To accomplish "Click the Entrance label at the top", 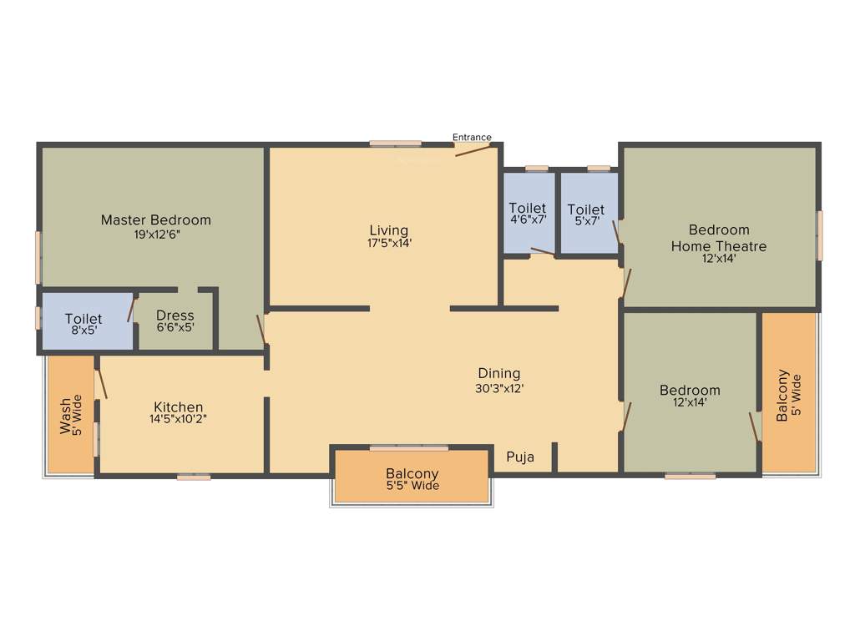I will click(472, 137).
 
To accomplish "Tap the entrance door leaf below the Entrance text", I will click(472, 150).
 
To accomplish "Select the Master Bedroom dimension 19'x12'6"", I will click(156, 235).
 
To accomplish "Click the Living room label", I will click(389, 230).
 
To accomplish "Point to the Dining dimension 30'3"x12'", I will click(498, 388).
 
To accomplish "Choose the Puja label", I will click(520, 457).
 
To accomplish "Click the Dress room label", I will click(175, 315).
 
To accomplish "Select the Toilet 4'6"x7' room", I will click(528, 213).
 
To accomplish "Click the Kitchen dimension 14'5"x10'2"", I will click(178, 419).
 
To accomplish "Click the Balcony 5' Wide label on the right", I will click(788, 396).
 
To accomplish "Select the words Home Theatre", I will click(719, 246).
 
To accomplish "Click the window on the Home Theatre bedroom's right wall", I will click(819, 235).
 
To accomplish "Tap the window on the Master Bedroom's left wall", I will click(38, 257).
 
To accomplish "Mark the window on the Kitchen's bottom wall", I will click(194, 477).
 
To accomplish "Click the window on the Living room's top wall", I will click(396, 144).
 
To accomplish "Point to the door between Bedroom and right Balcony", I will click(755, 426).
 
